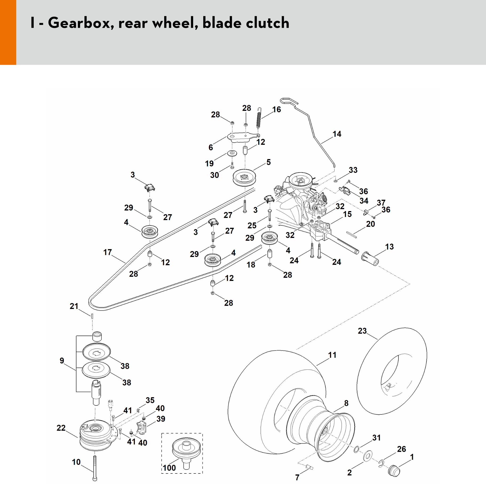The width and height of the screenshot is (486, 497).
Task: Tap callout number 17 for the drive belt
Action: [x=108, y=252]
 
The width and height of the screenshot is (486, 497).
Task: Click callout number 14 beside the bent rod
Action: [x=337, y=134]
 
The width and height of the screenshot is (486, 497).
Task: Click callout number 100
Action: [x=169, y=468]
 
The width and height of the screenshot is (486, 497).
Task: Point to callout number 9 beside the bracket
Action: [x=62, y=361]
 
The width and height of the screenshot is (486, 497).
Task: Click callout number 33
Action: [x=353, y=170]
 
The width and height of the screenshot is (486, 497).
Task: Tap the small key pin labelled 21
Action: [x=92, y=316]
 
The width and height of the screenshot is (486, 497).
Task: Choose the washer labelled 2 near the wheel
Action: [x=368, y=455]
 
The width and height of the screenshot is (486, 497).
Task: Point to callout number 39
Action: [x=161, y=419]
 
